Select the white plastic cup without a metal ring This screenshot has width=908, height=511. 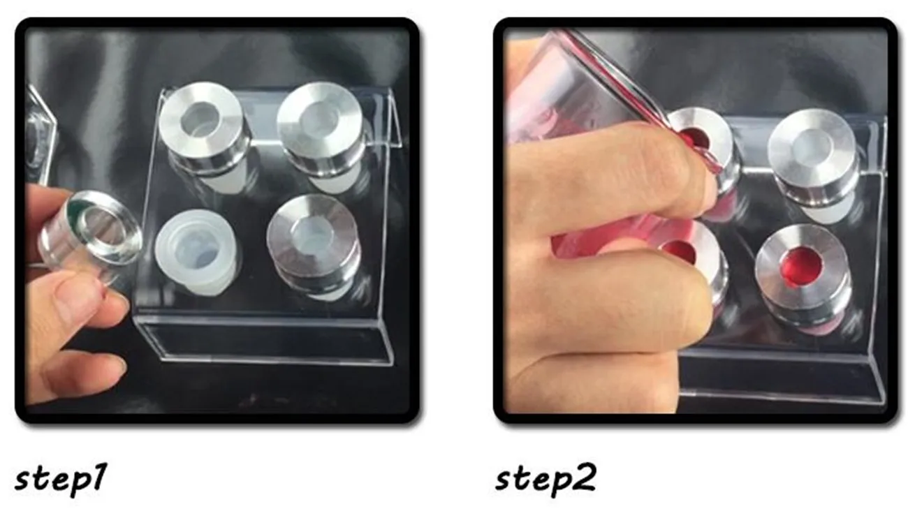coord(196,252)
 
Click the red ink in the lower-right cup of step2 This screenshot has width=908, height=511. coord(803,267)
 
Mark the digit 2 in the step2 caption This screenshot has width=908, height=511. coord(584,476)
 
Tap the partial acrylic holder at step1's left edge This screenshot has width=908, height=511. coord(41,134)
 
